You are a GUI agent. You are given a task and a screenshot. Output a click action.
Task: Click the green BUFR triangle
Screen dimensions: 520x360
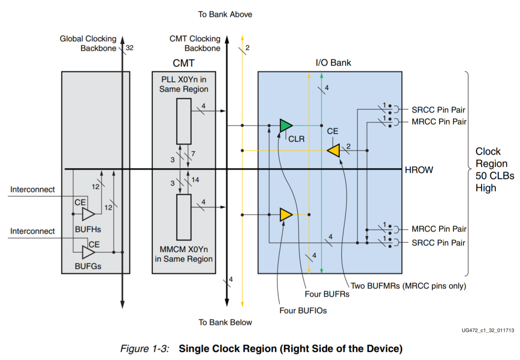pyautogui.click(x=286, y=126)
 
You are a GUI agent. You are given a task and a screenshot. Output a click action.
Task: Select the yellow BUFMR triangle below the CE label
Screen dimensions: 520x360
pyautogui.click(x=334, y=151)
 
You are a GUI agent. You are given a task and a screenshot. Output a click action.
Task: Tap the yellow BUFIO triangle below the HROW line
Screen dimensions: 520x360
pyautogui.click(x=286, y=215)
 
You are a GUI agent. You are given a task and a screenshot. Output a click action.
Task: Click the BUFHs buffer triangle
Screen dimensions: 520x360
pyautogui.click(x=88, y=214)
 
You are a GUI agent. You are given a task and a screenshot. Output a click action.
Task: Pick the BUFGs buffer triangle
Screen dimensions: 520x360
pyautogui.click(x=88, y=252)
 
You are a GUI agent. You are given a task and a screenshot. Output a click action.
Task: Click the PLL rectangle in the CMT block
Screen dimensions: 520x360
pyautogui.click(x=184, y=121)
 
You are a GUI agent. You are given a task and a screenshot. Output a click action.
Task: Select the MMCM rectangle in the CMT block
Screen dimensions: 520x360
pyautogui.click(x=184, y=217)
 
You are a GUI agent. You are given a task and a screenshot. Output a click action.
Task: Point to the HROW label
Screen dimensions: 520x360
pyautogui.click(x=419, y=170)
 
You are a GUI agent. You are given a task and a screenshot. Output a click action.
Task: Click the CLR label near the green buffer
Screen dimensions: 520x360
pyautogui.click(x=296, y=139)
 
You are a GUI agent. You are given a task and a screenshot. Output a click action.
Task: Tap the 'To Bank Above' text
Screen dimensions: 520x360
pyautogui.click(x=225, y=14)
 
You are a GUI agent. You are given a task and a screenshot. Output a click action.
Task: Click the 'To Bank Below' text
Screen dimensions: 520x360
pyautogui.click(x=225, y=322)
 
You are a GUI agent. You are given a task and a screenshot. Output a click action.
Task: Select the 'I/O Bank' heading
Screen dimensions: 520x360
pyautogui.click(x=333, y=63)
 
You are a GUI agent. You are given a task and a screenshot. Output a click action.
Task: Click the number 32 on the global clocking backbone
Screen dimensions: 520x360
pyautogui.click(x=129, y=48)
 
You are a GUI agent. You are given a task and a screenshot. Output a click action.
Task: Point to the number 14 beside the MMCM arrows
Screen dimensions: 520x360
pyautogui.click(x=195, y=180)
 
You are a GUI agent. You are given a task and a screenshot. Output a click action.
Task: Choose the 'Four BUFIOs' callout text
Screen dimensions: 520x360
pyautogui.click(x=303, y=310)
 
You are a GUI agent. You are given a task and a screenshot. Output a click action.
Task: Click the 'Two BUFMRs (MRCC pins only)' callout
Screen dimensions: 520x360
pyautogui.click(x=408, y=286)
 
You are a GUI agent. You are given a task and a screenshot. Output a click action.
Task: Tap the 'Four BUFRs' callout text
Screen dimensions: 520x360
pyautogui.click(x=327, y=294)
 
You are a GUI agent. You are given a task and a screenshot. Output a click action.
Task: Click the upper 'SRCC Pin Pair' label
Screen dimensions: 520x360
pyautogui.click(x=438, y=110)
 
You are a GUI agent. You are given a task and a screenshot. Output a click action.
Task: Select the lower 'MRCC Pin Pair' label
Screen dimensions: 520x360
pyautogui.click(x=439, y=229)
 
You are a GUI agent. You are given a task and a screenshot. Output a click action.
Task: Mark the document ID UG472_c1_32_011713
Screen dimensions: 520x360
pyautogui.click(x=488, y=330)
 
